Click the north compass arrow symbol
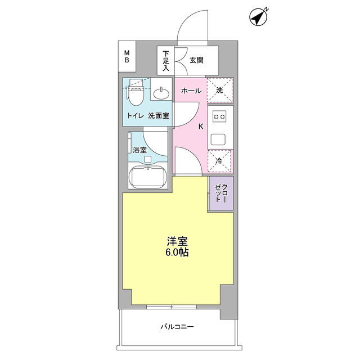pyautogui.click(x=259, y=17)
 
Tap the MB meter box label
pyautogui.click(x=127, y=57)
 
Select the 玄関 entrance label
pyautogui.click(x=196, y=60)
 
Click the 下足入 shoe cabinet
pyautogui.click(x=166, y=61)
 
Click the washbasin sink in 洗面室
pyautogui.click(x=161, y=93)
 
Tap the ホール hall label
pyautogui.click(x=191, y=91)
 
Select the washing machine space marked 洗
pyautogui.click(x=220, y=90)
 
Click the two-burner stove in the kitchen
pyautogui.click(x=219, y=116)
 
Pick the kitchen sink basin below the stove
pyautogui.click(x=218, y=139)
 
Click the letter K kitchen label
pyautogui.click(x=201, y=127)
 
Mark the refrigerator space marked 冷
pyautogui.click(x=220, y=161)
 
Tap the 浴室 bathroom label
pyautogui.click(x=140, y=150)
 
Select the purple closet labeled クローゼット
pyautogui.click(x=221, y=193)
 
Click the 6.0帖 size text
pyautogui.click(x=177, y=252)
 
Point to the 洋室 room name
pyautogui.click(x=177, y=241)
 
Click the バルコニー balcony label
pyautogui.click(x=177, y=326)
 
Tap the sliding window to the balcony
pyautogui.click(x=172, y=307)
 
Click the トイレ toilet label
pyautogui.click(x=136, y=115)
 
